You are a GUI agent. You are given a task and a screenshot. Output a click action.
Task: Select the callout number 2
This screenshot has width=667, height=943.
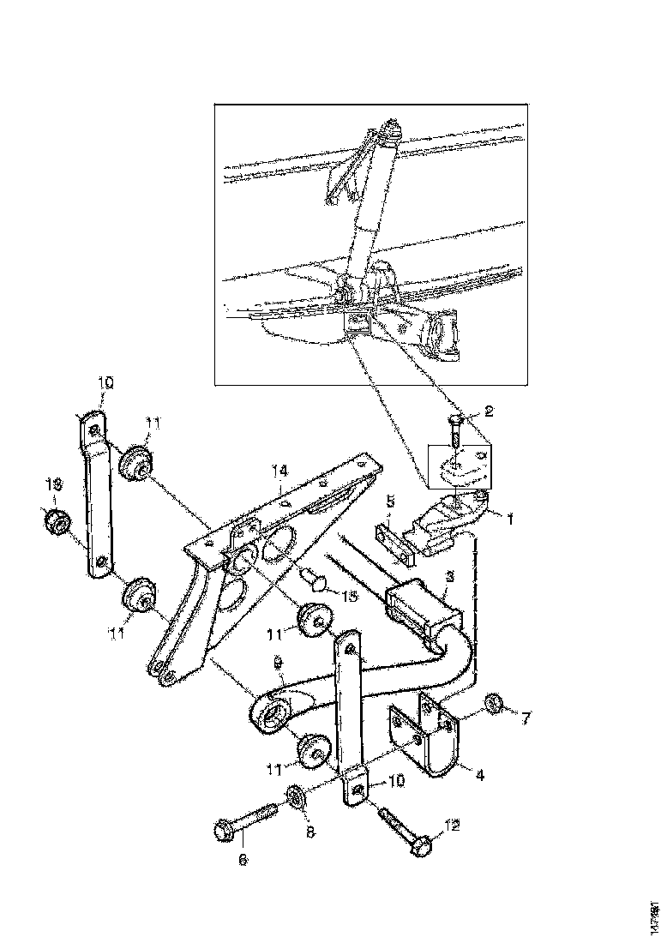[488, 411]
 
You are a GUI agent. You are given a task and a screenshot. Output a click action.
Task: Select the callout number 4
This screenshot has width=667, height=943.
[479, 775]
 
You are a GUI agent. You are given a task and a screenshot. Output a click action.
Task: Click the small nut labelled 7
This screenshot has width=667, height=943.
[493, 704]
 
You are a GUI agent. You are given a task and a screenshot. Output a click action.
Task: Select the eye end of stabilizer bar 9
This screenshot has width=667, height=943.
[273, 715]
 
